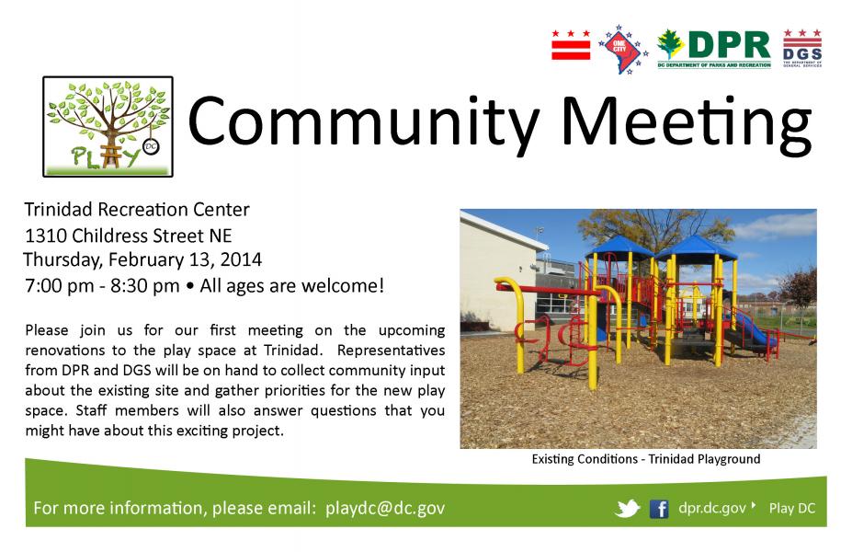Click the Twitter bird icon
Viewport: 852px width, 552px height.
[x=628, y=509]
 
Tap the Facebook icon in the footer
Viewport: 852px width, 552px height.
[x=659, y=509]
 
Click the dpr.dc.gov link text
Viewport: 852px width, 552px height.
[x=711, y=508]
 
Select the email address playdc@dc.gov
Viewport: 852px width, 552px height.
[x=385, y=508]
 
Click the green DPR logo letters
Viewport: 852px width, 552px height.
[x=729, y=44]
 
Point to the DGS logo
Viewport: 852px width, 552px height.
[x=802, y=48]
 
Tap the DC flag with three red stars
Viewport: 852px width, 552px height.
[x=571, y=44]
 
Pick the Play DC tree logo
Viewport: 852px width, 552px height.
[x=108, y=126]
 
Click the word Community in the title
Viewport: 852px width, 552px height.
[x=364, y=121]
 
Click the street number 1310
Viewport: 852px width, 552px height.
[x=46, y=236]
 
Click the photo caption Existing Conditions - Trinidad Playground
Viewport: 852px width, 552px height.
[x=646, y=459]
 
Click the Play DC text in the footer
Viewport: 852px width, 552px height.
[x=792, y=509]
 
